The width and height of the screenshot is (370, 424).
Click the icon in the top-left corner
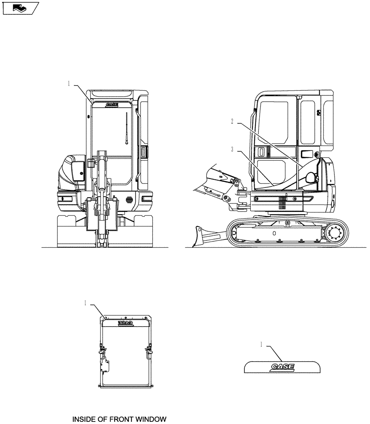pyautogui.click(x=20, y=7)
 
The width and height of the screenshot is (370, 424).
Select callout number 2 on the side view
pyautogui.click(x=233, y=121)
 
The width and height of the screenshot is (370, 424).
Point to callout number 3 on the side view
pyautogui.click(x=233, y=149)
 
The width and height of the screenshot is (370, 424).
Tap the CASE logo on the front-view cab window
pyautogui.click(x=112, y=104)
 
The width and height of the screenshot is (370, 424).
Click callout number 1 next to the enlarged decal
pyautogui.click(x=262, y=345)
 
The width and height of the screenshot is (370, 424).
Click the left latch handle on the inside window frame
pyautogui.click(x=102, y=351)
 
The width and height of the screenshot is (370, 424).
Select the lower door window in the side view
pyautogui.click(x=270, y=173)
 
